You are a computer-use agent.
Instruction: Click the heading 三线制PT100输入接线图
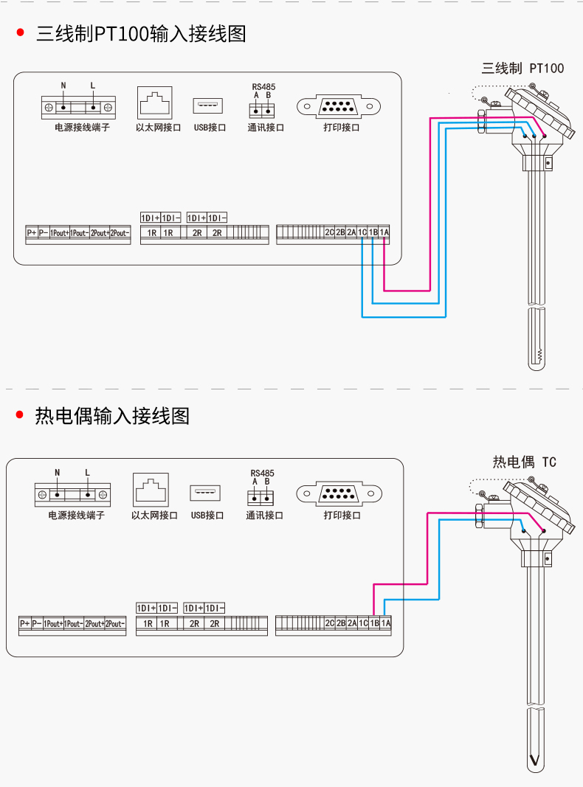point(141,34)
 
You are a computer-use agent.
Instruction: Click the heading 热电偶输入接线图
point(112,416)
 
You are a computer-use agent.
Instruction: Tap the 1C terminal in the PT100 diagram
point(362,232)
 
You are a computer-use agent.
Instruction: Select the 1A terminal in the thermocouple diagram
point(386,623)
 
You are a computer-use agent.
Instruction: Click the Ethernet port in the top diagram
point(154,103)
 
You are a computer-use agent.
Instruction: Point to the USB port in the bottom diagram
point(206,492)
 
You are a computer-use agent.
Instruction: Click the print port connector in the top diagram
point(339,107)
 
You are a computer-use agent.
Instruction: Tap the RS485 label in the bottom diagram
point(262,473)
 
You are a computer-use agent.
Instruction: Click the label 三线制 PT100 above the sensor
point(522,69)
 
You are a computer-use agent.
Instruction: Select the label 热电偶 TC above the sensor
point(524,462)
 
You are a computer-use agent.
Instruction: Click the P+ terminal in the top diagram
point(32,233)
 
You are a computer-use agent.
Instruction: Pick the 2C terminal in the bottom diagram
point(330,623)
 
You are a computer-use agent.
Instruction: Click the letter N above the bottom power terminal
point(57,472)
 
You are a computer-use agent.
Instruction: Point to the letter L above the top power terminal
point(93,86)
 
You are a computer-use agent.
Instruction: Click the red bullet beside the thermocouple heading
point(20,416)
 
